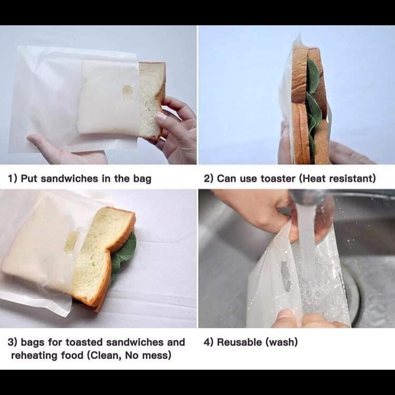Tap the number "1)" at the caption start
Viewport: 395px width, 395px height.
12,179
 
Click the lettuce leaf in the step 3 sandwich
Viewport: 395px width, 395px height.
124,252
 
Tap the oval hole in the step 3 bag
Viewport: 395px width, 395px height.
71,242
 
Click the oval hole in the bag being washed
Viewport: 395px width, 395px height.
285,276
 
